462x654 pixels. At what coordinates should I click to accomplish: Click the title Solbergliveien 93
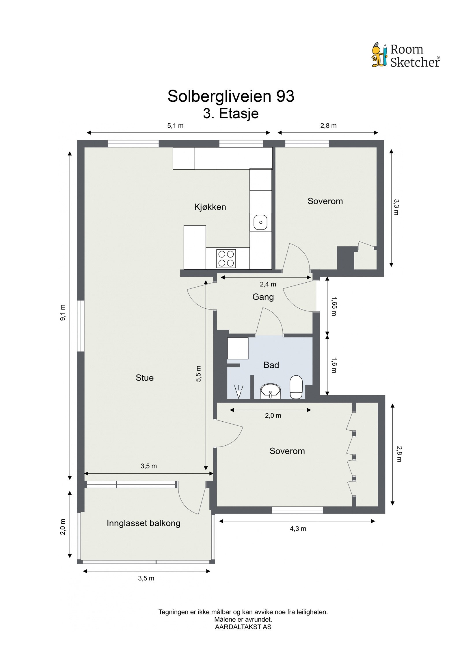(231, 96)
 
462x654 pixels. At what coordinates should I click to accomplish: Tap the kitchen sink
(260, 223)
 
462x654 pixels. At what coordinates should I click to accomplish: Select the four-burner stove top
(226, 258)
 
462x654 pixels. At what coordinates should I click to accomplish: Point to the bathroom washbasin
(271, 391)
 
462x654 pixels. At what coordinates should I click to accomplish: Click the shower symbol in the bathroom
(239, 392)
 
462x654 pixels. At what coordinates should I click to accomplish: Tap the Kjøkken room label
(210, 207)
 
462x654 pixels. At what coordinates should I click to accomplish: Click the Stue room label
(145, 378)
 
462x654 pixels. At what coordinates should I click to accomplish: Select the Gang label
(263, 297)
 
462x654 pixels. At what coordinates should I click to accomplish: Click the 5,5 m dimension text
(198, 374)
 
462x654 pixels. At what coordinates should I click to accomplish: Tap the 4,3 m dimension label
(298, 529)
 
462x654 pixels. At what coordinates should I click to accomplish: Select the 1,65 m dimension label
(334, 306)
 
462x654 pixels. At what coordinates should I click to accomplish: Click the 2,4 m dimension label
(268, 284)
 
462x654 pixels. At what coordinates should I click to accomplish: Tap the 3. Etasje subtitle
(231, 114)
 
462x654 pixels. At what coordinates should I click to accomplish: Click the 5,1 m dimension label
(175, 126)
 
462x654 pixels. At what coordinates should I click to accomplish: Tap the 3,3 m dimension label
(396, 207)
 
